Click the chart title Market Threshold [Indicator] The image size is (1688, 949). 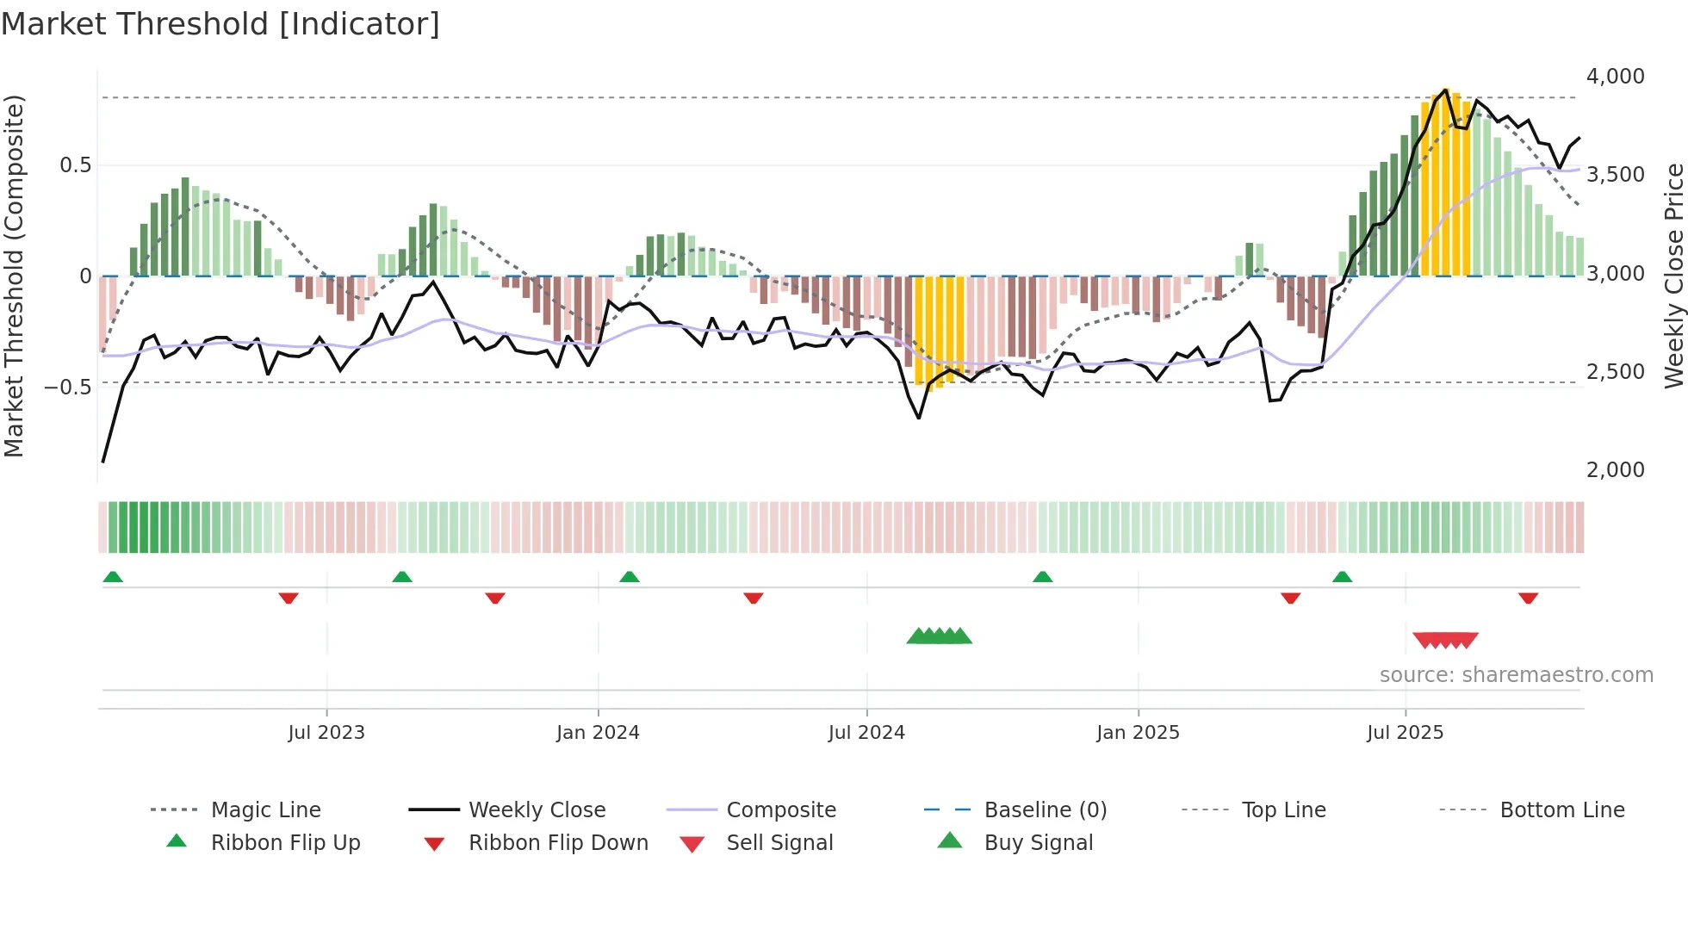coord(220,24)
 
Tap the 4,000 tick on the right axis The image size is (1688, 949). coord(1615,77)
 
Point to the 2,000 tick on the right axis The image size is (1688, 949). coord(1615,470)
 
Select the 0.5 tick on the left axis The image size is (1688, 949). coord(75,165)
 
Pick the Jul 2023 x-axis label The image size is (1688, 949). coord(326,733)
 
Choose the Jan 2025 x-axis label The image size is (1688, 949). coord(1138,733)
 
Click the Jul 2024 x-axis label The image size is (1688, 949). coord(866,733)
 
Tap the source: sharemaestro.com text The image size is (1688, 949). coord(1516,675)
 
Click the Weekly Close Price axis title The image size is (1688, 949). coord(1673,276)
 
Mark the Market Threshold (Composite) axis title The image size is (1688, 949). coord(14,276)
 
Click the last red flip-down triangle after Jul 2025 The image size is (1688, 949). coord(1528,598)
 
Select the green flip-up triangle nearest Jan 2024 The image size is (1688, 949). coord(630,577)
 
